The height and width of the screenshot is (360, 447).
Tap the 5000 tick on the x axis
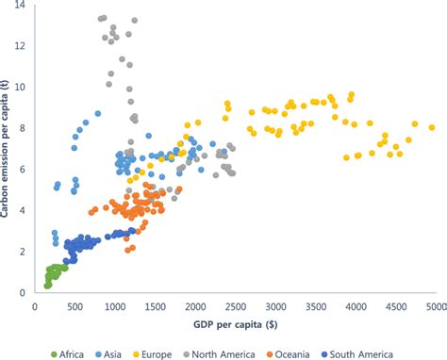pos(436,306)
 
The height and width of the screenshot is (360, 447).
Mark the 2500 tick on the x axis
pos(236,306)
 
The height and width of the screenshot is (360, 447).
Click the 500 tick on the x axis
pos(75,306)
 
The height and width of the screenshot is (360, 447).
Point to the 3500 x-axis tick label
pos(316,306)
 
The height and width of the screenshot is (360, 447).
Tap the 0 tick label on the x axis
pos(35,306)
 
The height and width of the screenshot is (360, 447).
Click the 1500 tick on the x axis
pos(156,306)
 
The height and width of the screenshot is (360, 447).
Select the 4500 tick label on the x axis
pos(396,306)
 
